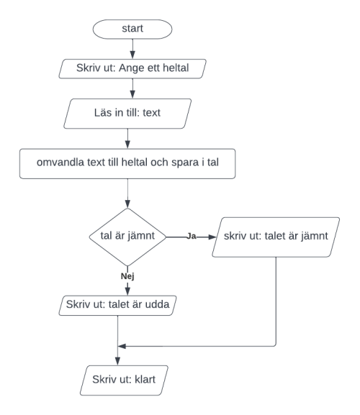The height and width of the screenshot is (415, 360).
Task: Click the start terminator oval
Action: pos(132,29)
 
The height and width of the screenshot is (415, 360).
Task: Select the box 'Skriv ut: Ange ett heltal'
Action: pos(132,69)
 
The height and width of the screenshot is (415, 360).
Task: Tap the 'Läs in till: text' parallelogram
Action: pos(127,114)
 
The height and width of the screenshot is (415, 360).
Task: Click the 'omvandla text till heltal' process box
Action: pos(127,163)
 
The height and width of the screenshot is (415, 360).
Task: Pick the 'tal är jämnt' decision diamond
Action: pos(127,237)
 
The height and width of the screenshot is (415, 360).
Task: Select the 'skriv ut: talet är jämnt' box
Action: pos(276,237)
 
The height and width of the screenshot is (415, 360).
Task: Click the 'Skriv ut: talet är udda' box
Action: pos(117,306)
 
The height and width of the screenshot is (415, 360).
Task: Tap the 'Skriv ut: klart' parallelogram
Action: pos(124,380)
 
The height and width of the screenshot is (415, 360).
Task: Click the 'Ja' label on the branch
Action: pos(192,236)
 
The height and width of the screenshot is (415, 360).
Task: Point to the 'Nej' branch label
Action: pos(127,276)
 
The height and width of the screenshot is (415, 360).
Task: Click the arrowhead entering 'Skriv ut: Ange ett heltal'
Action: pos(132,55)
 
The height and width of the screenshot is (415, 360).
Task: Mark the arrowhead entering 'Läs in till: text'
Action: pos(132,94)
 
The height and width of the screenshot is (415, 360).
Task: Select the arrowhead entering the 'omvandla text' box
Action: pos(127,145)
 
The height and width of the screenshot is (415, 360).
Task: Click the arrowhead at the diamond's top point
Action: pos(127,204)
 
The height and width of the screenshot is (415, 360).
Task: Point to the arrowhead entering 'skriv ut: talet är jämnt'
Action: pos(212,237)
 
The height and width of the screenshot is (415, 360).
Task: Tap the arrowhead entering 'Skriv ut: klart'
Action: pos(117,361)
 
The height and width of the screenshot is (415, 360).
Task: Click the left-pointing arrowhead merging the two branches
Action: pos(122,346)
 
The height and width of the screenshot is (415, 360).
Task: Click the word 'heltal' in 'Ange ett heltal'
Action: pos(176,68)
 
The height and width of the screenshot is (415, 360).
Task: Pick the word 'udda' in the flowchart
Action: pos(158,304)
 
